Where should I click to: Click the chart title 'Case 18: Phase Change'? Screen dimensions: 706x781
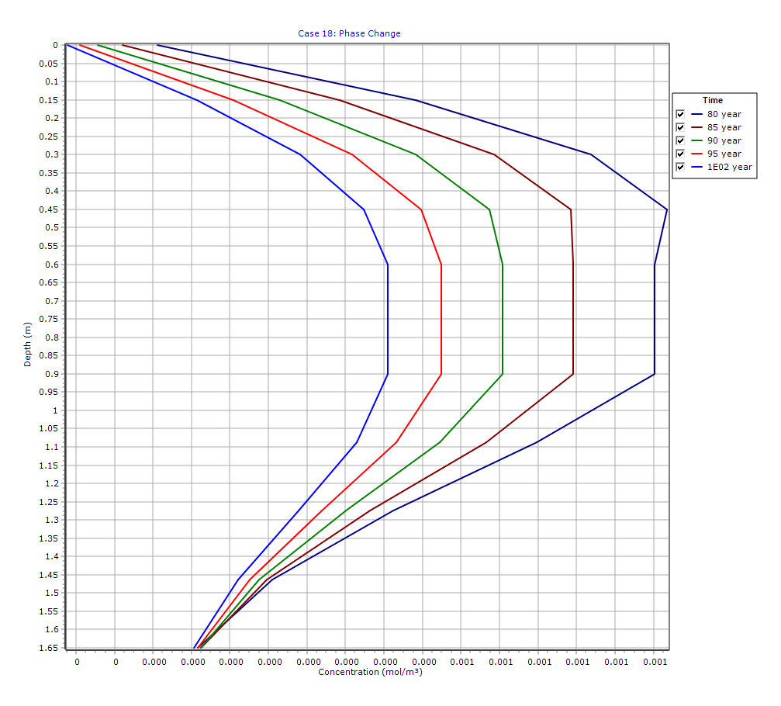coord(349,33)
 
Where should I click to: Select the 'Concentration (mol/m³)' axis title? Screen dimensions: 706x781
coord(370,672)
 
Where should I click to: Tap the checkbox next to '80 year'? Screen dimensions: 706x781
coord(680,114)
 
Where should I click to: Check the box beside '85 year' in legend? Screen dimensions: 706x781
coord(680,127)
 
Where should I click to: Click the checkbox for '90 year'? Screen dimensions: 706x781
coord(680,140)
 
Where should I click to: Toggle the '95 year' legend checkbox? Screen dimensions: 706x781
coord(680,154)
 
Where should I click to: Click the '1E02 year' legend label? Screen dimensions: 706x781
coord(729,167)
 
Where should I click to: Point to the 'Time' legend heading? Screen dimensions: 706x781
coord(712,100)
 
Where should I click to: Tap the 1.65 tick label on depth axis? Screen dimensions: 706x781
coord(47,648)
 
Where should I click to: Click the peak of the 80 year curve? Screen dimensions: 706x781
coord(667,209)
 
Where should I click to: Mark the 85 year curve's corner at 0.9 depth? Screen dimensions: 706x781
coord(573,374)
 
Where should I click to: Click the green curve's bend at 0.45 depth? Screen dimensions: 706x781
coord(489,209)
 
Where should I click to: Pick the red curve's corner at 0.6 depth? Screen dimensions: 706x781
coord(441,265)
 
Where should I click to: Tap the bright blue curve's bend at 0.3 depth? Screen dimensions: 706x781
coord(300,154)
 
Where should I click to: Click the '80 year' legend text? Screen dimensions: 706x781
coord(724,114)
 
